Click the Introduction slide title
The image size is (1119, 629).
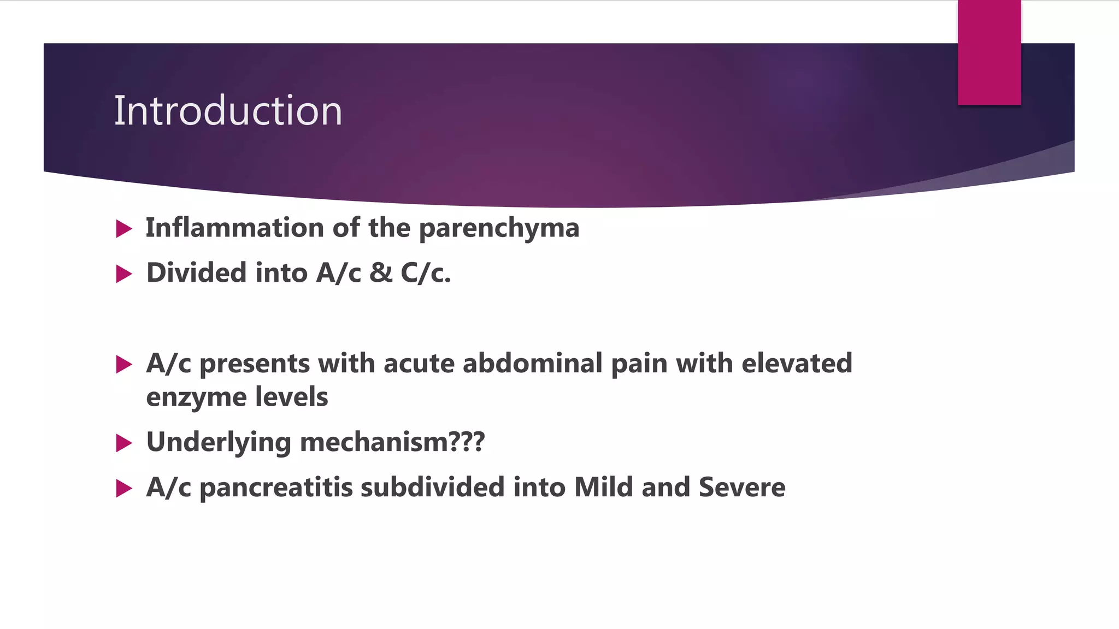coord(228,111)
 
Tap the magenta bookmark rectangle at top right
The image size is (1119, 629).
coord(989,53)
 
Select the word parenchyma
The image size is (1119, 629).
coord(499,229)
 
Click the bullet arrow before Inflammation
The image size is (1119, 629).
coord(124,229)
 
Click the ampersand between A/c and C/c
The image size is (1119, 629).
coord(381,272)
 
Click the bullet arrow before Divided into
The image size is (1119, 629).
coord(124,274)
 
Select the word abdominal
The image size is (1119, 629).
coord(532,364)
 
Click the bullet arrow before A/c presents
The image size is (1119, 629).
coord(124,364)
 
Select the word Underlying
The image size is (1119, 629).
coord(219,443)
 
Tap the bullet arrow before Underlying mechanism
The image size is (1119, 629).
coord(124,443)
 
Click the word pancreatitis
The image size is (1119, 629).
coord(276,488)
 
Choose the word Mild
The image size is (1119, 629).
coord(604,487)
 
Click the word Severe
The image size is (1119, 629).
coord(742,487)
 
